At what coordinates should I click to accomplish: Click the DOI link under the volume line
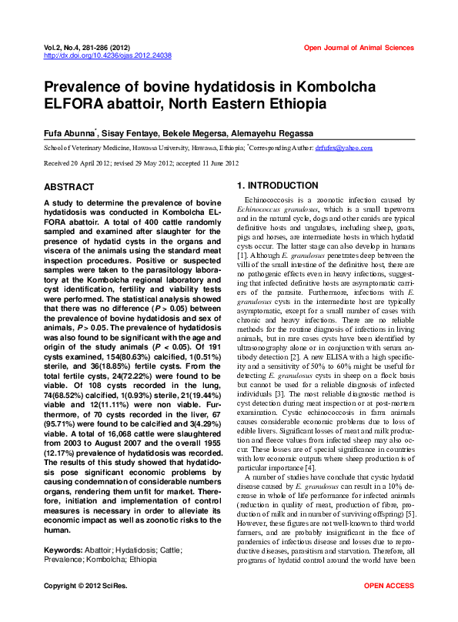108,56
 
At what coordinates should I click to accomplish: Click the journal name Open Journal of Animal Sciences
359,48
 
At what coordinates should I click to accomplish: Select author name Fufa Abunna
69,132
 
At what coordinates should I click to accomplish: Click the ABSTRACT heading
69,187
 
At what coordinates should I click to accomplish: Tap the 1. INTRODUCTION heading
277,186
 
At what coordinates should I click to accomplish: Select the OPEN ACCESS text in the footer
389,608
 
